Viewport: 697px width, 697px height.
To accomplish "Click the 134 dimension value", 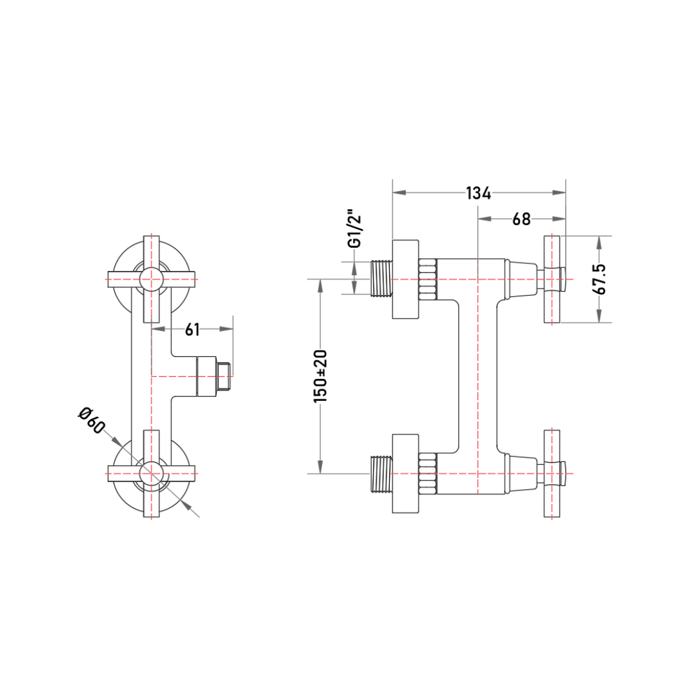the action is click(x=478, y=193).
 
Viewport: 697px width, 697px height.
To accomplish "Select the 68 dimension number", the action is click(x=521, y=219).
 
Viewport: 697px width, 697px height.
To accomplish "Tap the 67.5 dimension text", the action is click(x=600, y=279).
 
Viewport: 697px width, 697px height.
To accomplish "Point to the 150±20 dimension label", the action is click(x=320, y=376).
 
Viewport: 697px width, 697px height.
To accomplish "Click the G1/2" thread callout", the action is click(x=355, y=228).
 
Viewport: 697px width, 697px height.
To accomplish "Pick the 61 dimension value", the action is click(x=192, y=329).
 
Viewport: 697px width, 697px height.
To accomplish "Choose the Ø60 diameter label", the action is click(x=92, y=420).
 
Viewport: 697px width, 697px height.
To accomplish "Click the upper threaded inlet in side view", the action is click(x=381, y=279).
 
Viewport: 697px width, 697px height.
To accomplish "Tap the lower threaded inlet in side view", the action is click(x=381, y=474).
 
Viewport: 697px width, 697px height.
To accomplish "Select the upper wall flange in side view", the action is click(x=405, y=279).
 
